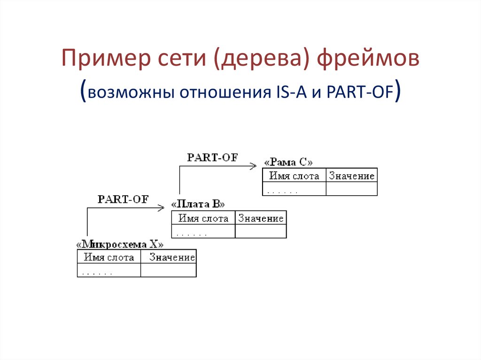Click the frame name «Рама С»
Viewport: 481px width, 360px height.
pos(288,162)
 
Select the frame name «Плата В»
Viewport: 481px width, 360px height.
pos(198,205)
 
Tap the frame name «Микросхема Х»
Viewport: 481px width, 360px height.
pos(120,245)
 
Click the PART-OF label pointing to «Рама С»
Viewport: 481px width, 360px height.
pos(212,158)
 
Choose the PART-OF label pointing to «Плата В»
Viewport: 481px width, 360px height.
pos(123,199)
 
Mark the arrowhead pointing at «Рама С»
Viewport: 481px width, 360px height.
pos(254,165)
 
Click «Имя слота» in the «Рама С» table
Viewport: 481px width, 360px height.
pos(294,176)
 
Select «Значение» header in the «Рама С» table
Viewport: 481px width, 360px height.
pos(352,176)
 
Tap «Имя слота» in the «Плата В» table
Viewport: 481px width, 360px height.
pos(203,219)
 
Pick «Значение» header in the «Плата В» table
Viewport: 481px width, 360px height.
pos(261,219)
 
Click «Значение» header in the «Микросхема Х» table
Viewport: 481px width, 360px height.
pos(172,258)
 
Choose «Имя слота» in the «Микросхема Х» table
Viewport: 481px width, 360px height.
pos(109,258)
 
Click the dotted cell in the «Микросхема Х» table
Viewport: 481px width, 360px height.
pos(109,271)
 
